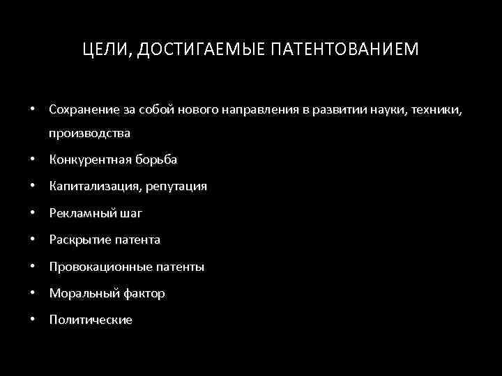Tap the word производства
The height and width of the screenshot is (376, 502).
click(89, 132)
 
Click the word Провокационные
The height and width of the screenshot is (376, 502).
click(93, 267)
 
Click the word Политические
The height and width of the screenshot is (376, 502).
click(91, 320)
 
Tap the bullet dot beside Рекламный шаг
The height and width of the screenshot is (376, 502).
click(33, 213)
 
